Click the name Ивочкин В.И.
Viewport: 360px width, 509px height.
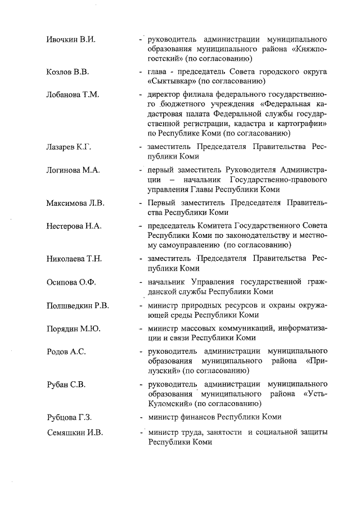(70, 40)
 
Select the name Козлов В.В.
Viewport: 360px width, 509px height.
(67, 73)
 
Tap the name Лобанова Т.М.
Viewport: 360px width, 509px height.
(73, 94)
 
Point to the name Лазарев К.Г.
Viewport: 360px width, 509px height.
(69, 147)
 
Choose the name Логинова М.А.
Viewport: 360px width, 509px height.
(73, 170)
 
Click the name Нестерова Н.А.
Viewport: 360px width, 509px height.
(74, 226)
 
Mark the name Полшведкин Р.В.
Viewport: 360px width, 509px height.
(78, 306)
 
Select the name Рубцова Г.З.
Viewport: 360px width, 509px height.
(69, 417)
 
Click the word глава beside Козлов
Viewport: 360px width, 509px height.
(157, 72)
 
